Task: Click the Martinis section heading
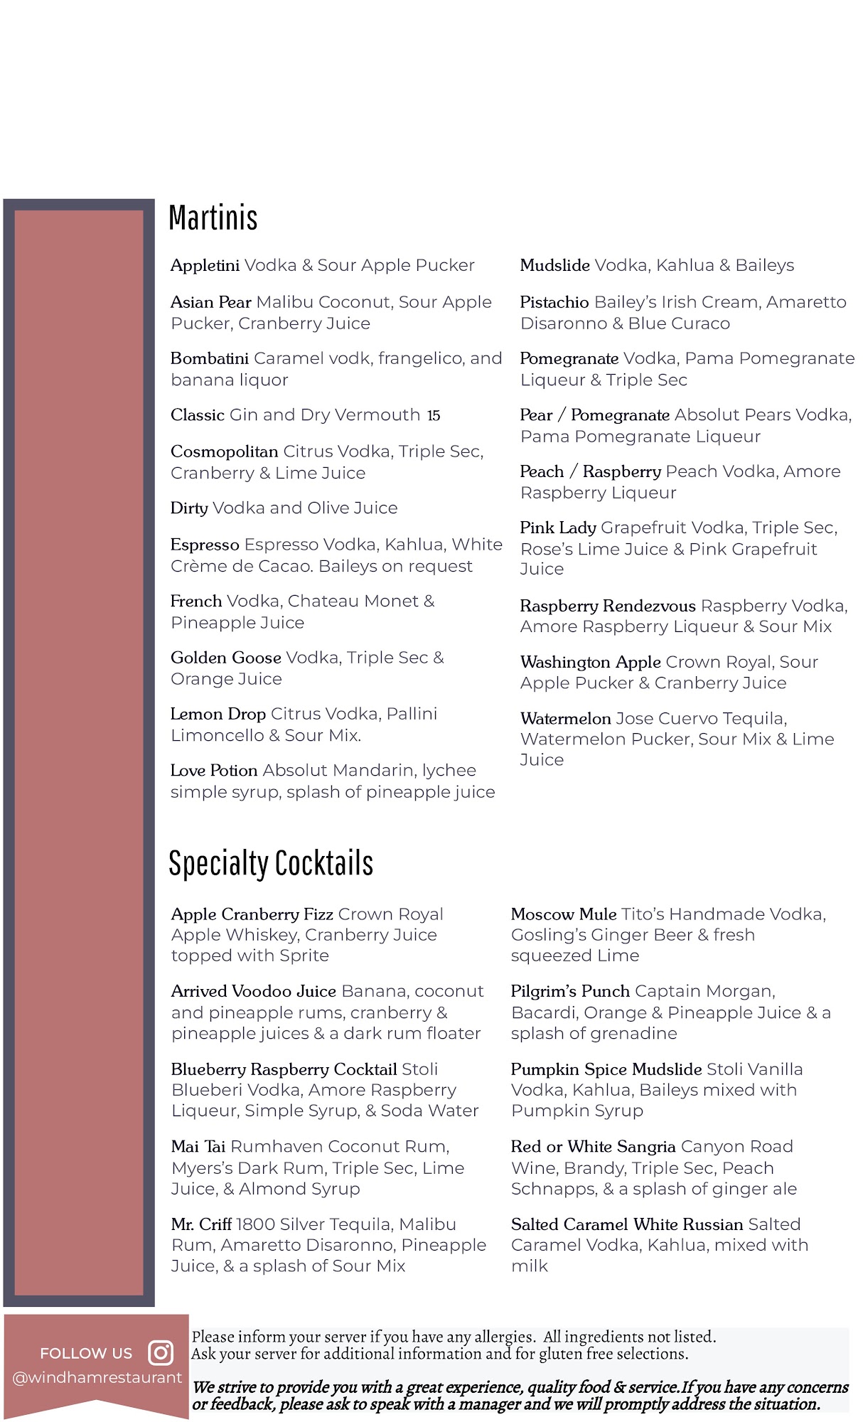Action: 213,218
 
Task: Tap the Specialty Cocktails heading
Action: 271,863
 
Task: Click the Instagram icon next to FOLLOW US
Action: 161,1352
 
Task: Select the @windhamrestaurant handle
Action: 97,1377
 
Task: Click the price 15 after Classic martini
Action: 434,415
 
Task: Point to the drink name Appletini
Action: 205,266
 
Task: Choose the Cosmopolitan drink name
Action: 224,451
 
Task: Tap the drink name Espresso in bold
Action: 205,545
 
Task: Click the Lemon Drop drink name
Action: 218,714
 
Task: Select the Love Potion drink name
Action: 214,771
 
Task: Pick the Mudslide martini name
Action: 554,266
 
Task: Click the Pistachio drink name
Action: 554,302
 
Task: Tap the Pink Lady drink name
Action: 558,528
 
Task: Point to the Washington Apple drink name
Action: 591,662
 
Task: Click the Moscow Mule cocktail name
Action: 564,914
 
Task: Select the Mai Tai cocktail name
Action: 198,1147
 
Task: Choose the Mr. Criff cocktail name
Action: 201,1224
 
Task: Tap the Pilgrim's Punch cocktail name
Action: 570,991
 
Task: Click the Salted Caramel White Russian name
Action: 627,1224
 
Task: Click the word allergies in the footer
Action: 503,1337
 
